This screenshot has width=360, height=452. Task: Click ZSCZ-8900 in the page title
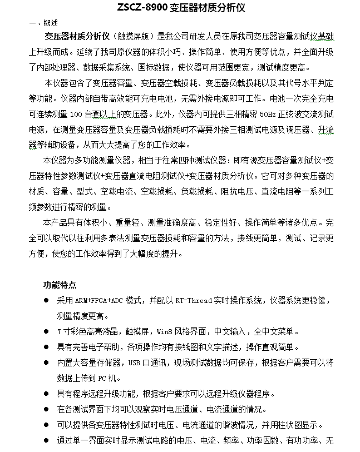click(x=141, y=9)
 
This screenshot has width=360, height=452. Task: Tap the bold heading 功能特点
click(x=60, y=285)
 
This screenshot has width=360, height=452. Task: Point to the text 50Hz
click(x=267, y=114)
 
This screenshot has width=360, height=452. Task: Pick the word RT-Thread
click(x=193, y=301)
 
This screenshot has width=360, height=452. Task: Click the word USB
click(x=134, y=362)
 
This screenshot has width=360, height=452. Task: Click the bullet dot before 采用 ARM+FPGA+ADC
click(x=46, y=301)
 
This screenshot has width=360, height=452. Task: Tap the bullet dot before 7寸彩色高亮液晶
click(x=46, y=332)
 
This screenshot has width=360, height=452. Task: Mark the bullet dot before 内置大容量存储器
click(x=46, y=362)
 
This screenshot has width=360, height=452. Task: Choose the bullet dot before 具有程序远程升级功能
click(x=46, y=394)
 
